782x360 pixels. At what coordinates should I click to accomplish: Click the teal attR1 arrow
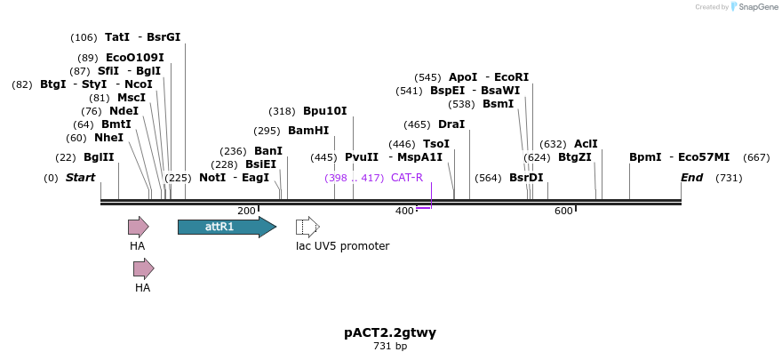[x=227, y=227]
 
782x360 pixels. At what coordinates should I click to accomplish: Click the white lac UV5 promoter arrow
[x=307, y=227]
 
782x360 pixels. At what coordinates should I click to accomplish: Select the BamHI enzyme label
[x=308, y=131]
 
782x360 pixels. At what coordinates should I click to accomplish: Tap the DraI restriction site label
[x=451, y=124]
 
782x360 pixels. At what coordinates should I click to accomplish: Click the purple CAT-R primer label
[x=407, y=178]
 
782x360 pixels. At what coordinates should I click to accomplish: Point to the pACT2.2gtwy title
[x=390, y=333]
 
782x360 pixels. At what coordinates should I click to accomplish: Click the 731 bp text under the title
[x=390, y=347]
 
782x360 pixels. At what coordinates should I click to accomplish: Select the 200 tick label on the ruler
[x=246, y=211]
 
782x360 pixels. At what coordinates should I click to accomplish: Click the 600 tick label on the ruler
[x=563, y=211]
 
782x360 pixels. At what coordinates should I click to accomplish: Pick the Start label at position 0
[x=80, y=178]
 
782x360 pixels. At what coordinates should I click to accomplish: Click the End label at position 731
[x=692, y=178]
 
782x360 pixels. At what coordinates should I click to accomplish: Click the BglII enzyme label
[x=99, y=157]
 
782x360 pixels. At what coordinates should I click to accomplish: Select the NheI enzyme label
[x=108, y=138]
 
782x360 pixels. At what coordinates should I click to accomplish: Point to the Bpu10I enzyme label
[x=325, y=111]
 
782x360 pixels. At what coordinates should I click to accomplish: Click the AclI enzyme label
[x=586, y=143]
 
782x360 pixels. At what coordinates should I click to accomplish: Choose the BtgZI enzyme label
[x=575, y=157]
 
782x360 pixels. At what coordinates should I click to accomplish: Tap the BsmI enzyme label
[x=498, y=104]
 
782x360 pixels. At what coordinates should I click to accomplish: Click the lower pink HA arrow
[x=143, y=268]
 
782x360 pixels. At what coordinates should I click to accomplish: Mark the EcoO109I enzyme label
[x=134, y=58]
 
